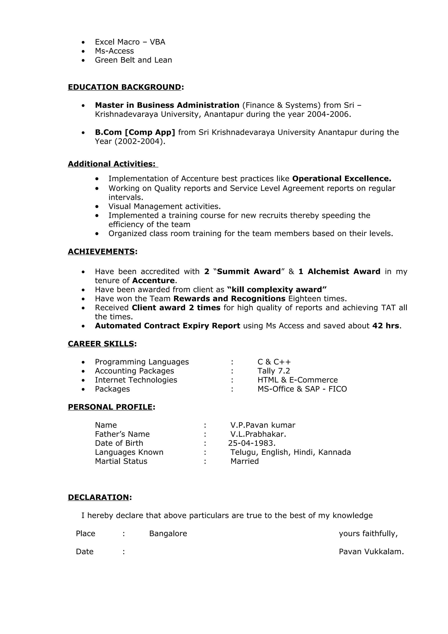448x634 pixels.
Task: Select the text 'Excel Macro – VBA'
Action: (x=130, y=42)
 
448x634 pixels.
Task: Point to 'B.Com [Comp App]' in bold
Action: (x=135, y=132)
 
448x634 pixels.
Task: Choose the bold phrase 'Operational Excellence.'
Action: (x=341, y=179)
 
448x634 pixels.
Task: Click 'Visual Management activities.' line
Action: (x=164, y=206)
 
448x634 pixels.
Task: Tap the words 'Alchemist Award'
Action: (x=344, y=271)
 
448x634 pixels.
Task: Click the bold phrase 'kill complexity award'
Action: (x=277, y=290)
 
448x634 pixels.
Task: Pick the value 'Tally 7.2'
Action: (x=274, y=371)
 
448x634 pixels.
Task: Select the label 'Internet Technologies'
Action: (x=136, y=380)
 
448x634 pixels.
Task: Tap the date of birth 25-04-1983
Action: (x=252, y=443)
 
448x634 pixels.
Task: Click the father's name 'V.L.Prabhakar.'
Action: (x=258, y=434)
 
